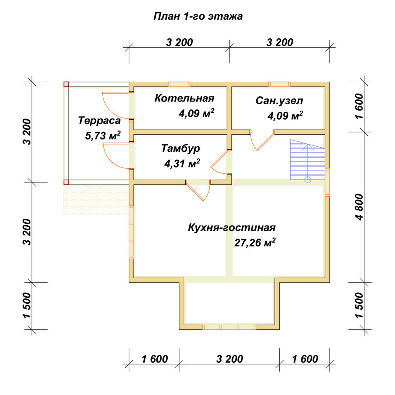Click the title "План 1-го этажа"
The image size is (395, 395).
click(x=198, y=16)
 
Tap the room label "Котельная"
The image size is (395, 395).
click(x=184, y=98)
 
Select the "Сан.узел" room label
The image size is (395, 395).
click(x=279, y=101)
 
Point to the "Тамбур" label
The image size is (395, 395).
click(x=181, y=149)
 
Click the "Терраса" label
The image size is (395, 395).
click(x=99, y=120)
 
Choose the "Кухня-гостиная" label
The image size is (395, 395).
click(x=232, y=228)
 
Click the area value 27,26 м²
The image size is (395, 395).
click(x=255, y=243)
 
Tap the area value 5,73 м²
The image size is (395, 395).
click(x=103, y=135)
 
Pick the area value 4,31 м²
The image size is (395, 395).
click(x=182, y=163)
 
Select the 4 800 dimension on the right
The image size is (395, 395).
click(x=360, y=207)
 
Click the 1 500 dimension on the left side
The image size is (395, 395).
click(x=27, y=305)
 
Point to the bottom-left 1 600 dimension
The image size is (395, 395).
click(x=154, y=359)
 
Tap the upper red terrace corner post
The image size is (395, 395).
click(x=66, y=85)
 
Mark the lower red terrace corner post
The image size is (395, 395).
click(x=66, y=182)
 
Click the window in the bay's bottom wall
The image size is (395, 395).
click(x=229, y=327)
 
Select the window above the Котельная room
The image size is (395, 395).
click(x=179, y=85)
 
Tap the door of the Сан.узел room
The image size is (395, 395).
click(x=262, y=140)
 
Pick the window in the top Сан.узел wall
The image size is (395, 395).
click(x=279, y=85)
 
